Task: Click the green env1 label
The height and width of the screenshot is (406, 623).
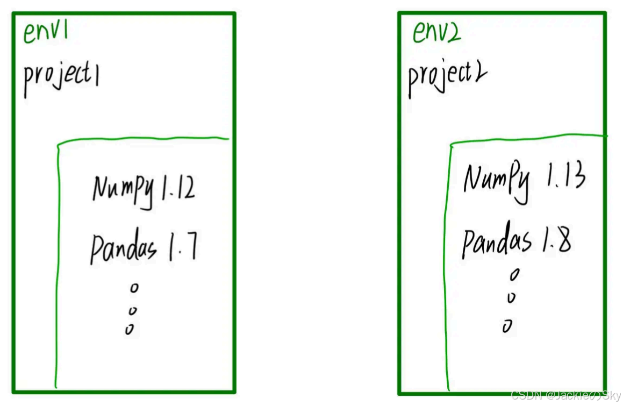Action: tap(45, 33)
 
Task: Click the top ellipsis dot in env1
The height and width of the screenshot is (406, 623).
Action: tap(134, 288)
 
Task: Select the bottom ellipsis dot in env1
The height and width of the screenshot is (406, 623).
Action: tap(129, 329)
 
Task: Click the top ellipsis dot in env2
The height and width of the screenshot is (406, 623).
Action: tap(514, 275)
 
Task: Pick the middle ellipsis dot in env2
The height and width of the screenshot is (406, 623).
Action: tap(512, 297)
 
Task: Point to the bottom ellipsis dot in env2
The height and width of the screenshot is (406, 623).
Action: tap(507, 325)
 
